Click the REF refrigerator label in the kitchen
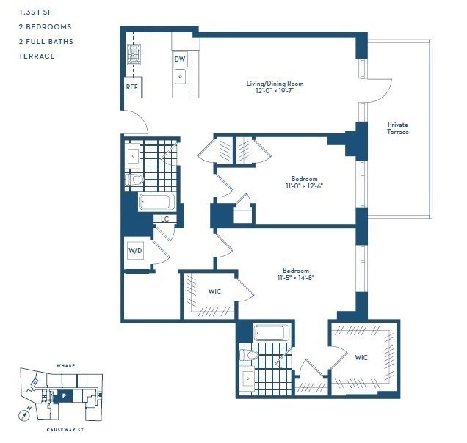click(132, 87)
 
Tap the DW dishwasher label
click(180, 59)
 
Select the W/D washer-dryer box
click(136, 251)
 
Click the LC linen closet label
click(165, 218)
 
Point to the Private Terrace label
click(397, 128)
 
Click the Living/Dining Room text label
click(275, 84)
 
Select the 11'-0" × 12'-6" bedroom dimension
click(304, 186)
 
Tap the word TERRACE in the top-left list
click(37, 56)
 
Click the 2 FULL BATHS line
click(46, 41)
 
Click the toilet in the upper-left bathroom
click(136, 178)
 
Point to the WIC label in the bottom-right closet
click(361, 357)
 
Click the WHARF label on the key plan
click(66, 364)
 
